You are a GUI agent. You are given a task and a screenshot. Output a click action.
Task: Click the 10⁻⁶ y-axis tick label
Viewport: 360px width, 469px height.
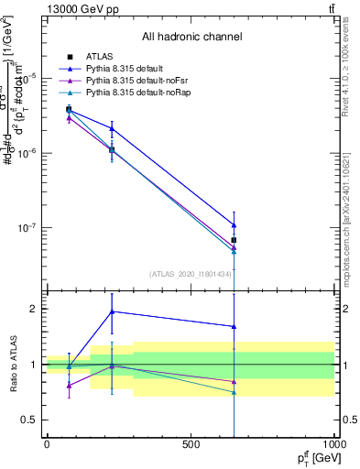tap(27, 153)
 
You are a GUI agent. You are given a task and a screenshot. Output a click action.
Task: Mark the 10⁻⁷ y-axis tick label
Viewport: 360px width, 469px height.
tap(27, 228)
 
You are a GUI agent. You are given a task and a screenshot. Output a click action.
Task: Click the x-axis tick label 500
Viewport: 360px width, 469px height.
tap(191, 444)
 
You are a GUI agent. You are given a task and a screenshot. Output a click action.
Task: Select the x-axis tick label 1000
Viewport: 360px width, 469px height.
tap(332, 444)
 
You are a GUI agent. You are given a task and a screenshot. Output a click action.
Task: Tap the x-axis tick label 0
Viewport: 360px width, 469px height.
tap(47, 444)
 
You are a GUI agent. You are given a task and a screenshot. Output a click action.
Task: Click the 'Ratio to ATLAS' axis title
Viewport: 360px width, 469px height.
tap(12, 364)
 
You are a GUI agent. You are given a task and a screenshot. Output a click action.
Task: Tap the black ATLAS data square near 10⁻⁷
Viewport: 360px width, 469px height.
tap(235, 240)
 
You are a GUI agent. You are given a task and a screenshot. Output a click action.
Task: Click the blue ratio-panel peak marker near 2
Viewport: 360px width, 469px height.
tap(112, 311)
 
